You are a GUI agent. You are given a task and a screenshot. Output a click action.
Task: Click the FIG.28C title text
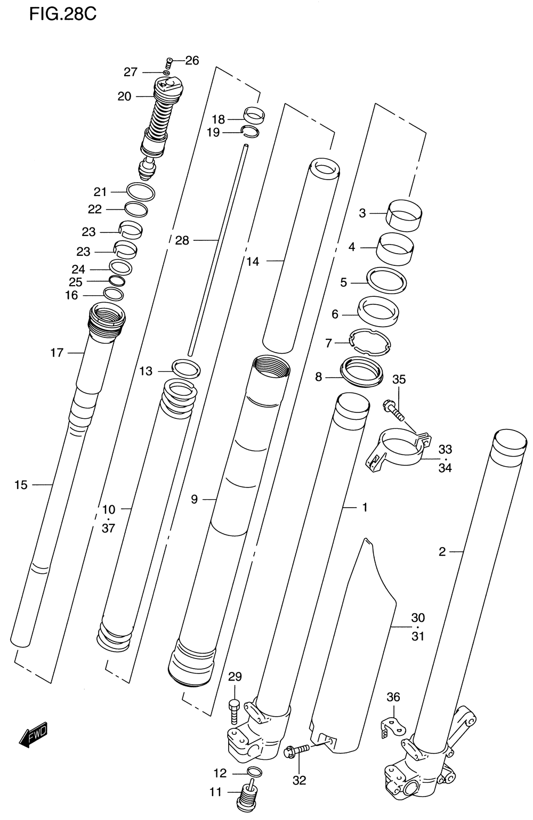pyautogui.click(x=63, y=14)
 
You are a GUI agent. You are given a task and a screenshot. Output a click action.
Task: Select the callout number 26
pyautogui.click(x=192, y=60)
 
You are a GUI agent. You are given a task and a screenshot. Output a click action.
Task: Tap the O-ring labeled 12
pyautogui.click(x=254, y=772)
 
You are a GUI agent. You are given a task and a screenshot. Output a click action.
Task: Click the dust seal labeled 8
pyautogui.click(x=362, y=370)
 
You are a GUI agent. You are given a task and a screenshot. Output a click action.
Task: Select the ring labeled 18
pyautogui.click(x=255, y=115)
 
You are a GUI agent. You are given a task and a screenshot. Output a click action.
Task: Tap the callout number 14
pyautogui.click(x=253, y=261)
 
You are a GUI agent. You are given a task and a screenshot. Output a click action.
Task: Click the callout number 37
pyautogui.click(x=108, y=529)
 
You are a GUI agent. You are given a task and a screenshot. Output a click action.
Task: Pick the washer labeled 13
pyautogui.click(x=186, y=368)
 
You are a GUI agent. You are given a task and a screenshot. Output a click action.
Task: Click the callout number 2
pyautogui.click(x=442, y=552)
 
